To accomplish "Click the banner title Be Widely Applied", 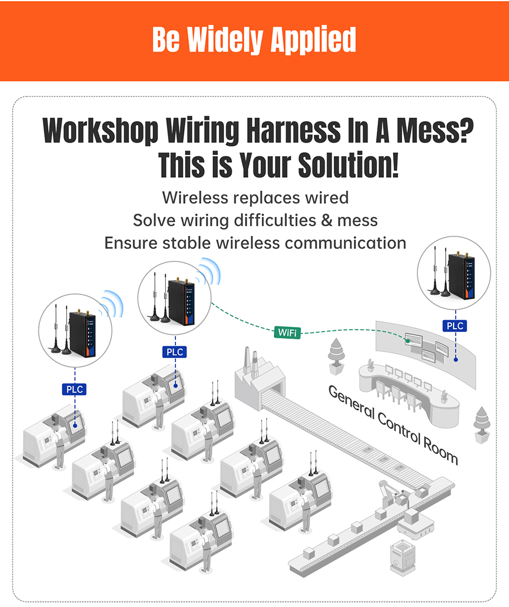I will click(x=254, y=40).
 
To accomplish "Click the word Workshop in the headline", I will click(x=100, y=131).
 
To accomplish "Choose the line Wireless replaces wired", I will click(x=255, y=197).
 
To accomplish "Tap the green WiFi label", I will click(x=288, y=332).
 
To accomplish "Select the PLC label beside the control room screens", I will click(x=455, y=326).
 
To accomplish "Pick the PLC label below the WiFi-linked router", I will click(x=175, y=352).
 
